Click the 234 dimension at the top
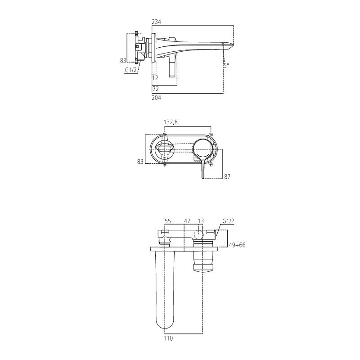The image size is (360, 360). click(157, 22)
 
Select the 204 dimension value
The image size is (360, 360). click(157, 97)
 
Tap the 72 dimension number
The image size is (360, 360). click(156, 89)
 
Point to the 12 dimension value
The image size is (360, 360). click(156, 78)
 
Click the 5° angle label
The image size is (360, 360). click(226, 65)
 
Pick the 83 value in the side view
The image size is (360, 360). click(122, 60)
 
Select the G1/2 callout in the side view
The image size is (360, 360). click(130, 70)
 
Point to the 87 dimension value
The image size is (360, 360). click(227, 176)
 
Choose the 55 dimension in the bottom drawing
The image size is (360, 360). click(168, 221)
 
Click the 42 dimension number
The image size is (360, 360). click(188, 221)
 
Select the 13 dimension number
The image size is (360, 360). click(201, 221)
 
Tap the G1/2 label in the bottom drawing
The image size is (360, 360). click(228, 221)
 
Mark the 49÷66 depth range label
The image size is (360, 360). click(237, 245)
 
